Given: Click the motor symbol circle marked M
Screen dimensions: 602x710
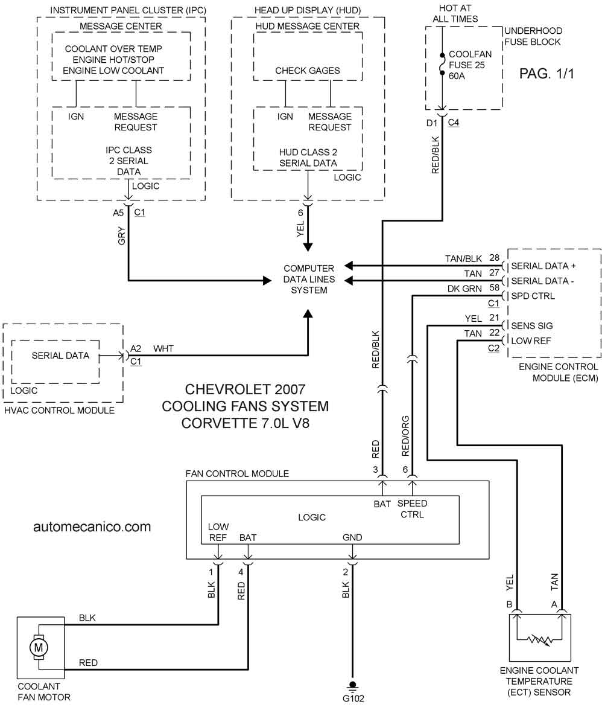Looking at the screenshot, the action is (x=39, y=647).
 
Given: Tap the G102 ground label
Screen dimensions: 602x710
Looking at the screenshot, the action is (x=353, y=698).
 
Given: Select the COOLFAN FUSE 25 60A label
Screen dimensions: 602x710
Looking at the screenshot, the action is (x=470, y=65).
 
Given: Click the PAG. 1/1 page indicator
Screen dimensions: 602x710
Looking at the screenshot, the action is (x=547, y=74).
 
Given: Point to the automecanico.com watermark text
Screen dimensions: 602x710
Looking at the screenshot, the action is (x=92, y=526).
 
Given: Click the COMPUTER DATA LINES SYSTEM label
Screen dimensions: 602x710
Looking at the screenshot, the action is (x=309, y=279).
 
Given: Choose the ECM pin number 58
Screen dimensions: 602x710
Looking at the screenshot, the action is (x=495, y=287).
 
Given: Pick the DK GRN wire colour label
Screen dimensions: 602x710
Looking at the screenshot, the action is (x=464, y=289).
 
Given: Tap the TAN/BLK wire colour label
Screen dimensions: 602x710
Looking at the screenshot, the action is (x=464, y=258).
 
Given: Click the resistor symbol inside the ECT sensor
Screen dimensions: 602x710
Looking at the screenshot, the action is (x=540, y=640).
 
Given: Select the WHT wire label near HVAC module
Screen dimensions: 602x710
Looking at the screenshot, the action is (x=163, y=348).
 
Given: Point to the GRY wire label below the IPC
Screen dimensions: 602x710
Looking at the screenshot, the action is (x=121, y=236).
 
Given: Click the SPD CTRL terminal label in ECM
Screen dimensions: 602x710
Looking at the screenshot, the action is (x=533, y=296).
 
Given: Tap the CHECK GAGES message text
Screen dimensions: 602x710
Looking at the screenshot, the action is (x=308, y=71).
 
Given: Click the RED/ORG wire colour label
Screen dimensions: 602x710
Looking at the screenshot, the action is (x=405, y=436).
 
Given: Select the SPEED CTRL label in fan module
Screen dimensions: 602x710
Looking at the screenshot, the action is (x=412, y=509).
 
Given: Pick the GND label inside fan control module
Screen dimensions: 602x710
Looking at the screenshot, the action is (x=352, y=537).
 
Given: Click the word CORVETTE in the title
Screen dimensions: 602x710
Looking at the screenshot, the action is (x=220, y=423).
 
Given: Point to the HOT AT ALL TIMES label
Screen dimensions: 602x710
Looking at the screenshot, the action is (x=455, y=13).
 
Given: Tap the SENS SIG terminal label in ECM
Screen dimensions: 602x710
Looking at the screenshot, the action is (x=532, y=325).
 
